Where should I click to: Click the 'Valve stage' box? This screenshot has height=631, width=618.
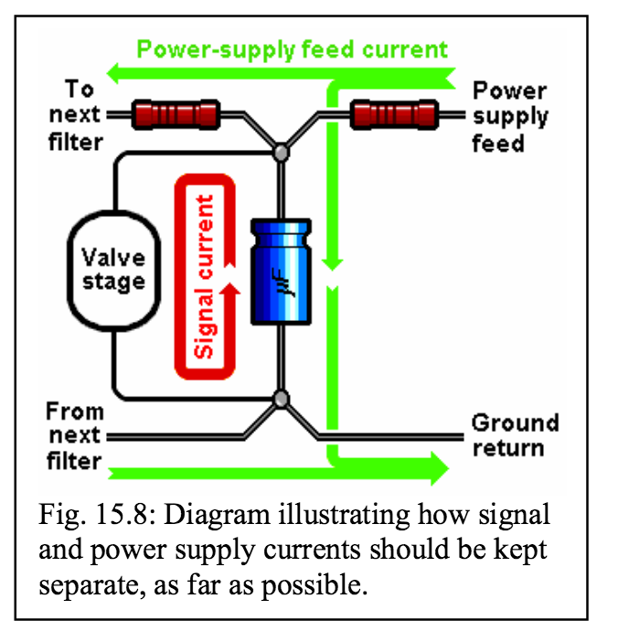tap(113, 269)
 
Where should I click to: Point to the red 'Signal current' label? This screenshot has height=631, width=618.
tap(206, 274)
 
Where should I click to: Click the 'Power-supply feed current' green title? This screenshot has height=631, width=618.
tap(293, 48)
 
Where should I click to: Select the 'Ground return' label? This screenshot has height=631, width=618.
tap(515, 435)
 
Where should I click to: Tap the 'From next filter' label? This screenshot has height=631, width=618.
tap(75, 435)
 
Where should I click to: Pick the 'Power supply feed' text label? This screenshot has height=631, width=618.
tap(510, 116)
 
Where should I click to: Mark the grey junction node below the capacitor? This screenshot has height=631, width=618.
tap(282, 399)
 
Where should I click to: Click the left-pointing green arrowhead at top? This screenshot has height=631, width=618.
tap(117, 71)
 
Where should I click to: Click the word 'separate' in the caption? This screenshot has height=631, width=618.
tap(90, 584)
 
